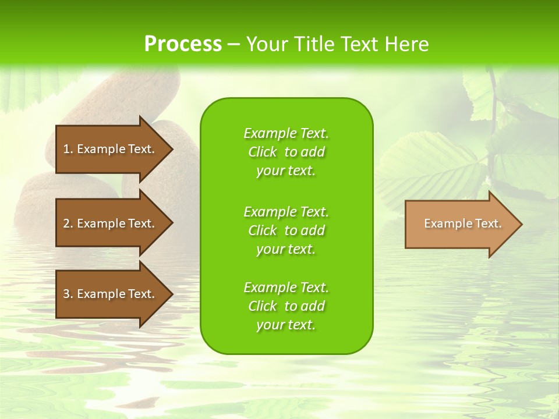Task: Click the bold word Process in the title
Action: tap(183, 44)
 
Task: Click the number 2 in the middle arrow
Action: tap(66, 223)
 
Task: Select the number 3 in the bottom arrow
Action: tap(66, 294)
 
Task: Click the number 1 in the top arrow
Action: tap(66, 149)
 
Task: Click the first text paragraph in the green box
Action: tap(286, 152)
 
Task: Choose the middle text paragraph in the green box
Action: tap(286, 230)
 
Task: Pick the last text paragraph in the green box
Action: tap(286, 306)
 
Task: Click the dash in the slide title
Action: tap(233, 44)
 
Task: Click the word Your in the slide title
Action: tap(266, 44)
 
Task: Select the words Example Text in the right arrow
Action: tap(462, 223)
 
